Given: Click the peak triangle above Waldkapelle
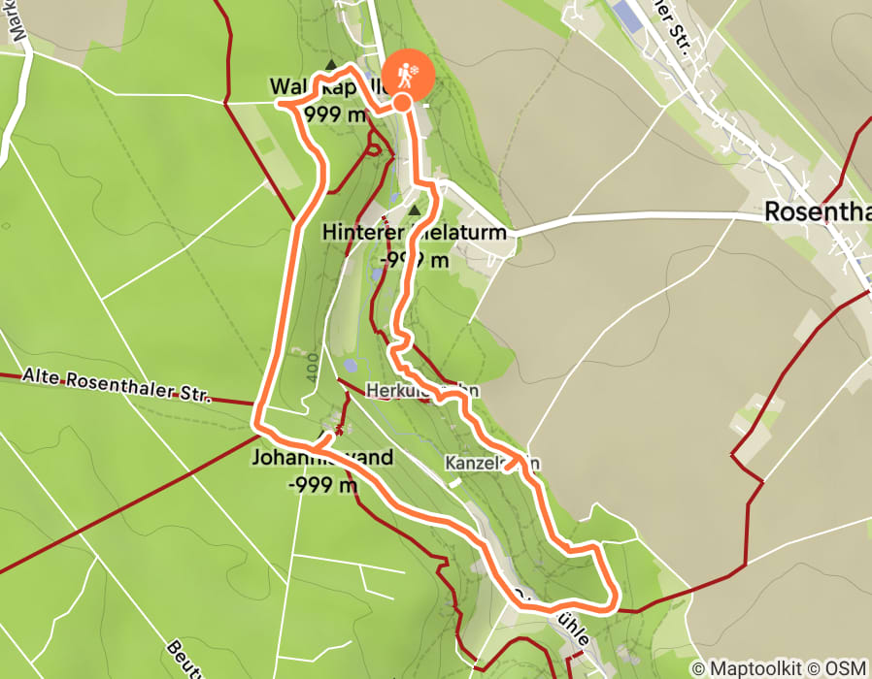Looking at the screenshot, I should click(x=331, y=65).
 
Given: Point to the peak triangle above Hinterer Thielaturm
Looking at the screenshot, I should click(x=415, y=210).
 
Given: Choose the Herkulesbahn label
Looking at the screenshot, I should click(x=422, y=390).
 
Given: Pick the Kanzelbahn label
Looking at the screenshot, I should click(x=491, y=463).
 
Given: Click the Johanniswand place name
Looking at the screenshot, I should click(x=322, y=457).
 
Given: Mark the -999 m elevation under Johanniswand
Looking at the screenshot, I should click(x=323, y=485).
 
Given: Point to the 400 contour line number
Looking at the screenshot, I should click(x=310, y=368).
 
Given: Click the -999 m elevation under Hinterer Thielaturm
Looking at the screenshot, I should click(x=415, y=260).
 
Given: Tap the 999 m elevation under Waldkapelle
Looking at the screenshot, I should click(x=336, y=115).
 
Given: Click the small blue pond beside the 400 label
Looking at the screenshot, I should click(x=349, y=367).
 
